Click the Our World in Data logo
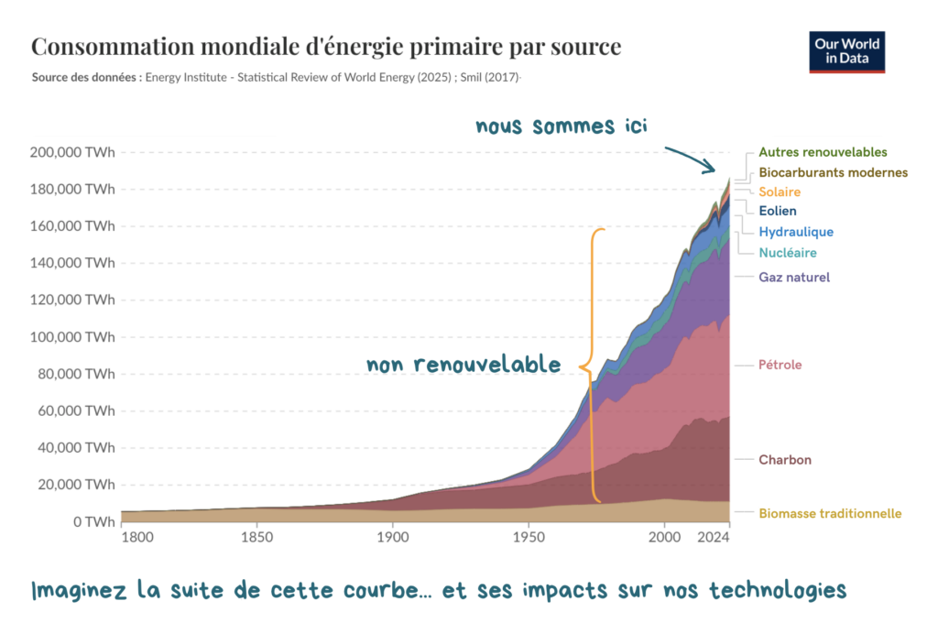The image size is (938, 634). pyautogui.click(x=846, y=52)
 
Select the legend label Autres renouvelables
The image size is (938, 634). pyautogui.click(x=823, y=152)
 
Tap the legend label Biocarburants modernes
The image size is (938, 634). pyautogui.click(x=833, y=172)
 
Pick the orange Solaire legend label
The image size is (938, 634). pyautogui.click(x=780, y=192)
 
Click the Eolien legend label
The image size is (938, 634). pyautogui.click(x=778, y=212)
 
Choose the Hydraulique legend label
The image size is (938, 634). pyautogui.click(x=796, y=232)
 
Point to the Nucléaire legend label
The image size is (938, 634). pyautogui.click(x=788, y=253)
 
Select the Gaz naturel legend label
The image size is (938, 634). pyautogui.click(x=794, y=277)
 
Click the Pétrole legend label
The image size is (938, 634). pyautogui.click(x=780, y=365)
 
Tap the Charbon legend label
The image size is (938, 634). pyautogui.click(x=785, y=460)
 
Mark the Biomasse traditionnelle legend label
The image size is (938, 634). pyautogui.click(x=830, y=514)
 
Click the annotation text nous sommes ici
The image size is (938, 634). pyautogui.click(x=561, y=126)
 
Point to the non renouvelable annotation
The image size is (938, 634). pyautogui.click(x=464, y=365)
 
